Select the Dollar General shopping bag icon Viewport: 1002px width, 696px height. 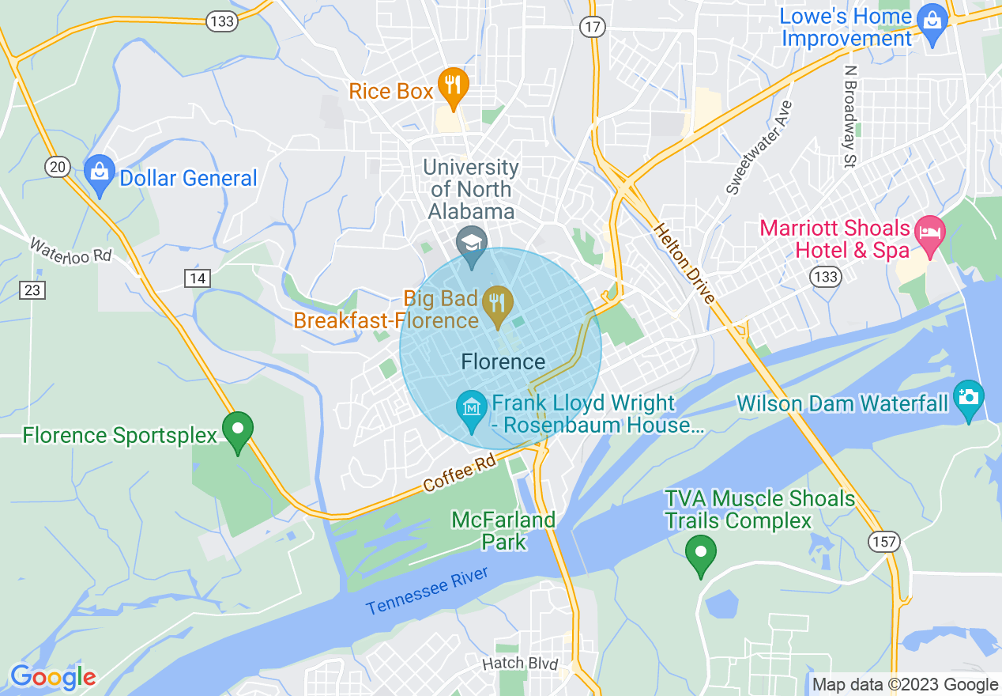(100, 173)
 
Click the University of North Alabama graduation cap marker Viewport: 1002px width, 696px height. (472, 243)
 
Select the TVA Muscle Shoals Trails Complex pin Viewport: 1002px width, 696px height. (699, 553)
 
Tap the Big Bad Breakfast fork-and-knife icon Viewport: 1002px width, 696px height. (497, 304)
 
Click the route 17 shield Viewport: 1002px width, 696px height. (592, 28)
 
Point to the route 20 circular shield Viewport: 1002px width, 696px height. (57, 166)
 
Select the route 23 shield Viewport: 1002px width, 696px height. (32, 290)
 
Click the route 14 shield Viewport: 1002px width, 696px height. (198, 278)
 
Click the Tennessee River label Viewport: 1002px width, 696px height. (427, 592)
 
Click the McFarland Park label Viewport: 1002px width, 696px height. (503, 531)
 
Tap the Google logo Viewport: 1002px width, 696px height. (53, 677)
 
